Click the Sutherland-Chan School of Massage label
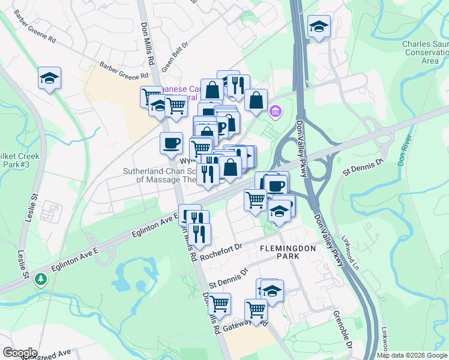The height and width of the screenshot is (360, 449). (x=159, y=175)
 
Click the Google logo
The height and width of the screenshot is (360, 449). (x=20, y=352)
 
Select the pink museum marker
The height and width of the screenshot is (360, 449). (x=276, y=110)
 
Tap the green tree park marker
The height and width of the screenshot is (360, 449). (x=40, y=279)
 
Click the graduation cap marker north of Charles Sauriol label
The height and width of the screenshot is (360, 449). (x=319, y=26)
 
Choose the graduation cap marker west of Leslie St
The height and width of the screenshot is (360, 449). (x=49, y=78)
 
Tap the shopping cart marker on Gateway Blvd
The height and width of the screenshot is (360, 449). (x=256, y=311)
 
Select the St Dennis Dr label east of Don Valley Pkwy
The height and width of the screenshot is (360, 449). (x=363, y=167)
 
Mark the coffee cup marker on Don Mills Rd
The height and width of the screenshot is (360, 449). (x=172, y=143)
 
